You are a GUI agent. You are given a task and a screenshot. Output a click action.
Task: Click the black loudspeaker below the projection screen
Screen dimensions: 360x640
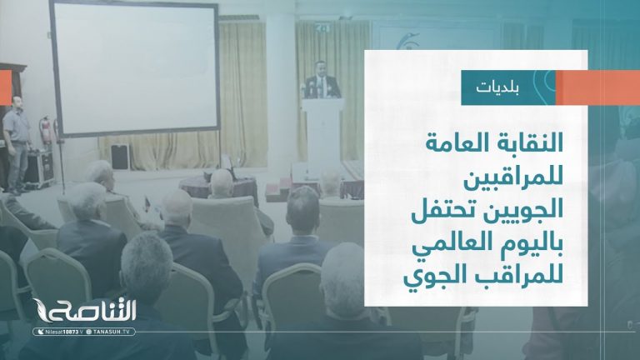pos(119,157)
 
